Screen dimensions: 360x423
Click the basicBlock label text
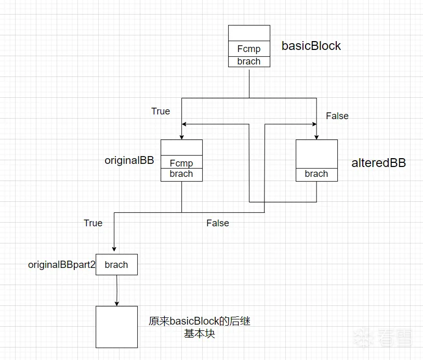[311, 46]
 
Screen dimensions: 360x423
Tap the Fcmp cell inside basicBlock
[249, 49]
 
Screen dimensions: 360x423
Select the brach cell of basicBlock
[249, 61]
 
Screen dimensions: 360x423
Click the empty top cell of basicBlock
[249, 33]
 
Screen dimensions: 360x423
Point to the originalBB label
[129, 160]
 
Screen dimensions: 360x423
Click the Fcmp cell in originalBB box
[181, 163]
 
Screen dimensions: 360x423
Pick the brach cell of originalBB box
[181, 174]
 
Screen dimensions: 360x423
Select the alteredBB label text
[379, 163]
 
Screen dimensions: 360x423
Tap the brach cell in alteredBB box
[316, 174]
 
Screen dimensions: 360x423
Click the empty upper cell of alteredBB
[316, 153]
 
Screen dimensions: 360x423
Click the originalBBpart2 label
[62, 265]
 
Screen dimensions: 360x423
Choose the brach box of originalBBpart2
[116, 265]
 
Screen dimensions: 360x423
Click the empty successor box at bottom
[116, 327]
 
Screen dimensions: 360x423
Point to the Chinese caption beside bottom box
[200, 327]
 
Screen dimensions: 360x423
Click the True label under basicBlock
[161, 111]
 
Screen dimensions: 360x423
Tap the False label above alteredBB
[337, 116]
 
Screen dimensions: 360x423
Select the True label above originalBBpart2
[93, 223]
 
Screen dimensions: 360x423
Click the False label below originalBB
[218, 223]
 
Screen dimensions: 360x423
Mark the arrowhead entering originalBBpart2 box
[114, 251]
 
